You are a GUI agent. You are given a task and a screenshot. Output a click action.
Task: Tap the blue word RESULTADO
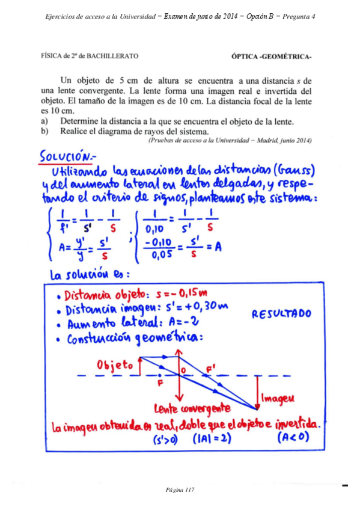pos(281,313)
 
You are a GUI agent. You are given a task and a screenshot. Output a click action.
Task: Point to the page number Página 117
pos(180,490)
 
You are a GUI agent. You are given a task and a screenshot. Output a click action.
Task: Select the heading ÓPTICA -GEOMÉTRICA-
pos(271,57)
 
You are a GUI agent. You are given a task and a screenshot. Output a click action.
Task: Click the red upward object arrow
pos(139,367)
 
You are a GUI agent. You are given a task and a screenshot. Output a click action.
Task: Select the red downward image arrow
pos(257,391)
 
